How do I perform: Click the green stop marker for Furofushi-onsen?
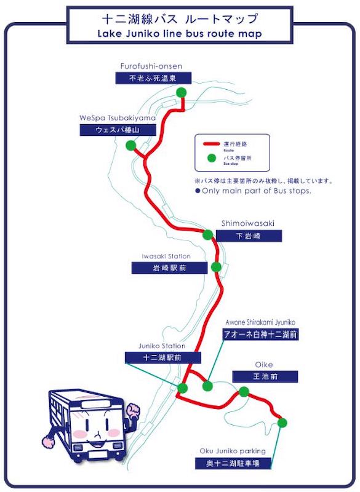click(181, 93)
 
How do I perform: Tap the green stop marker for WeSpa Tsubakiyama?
click(130, 145)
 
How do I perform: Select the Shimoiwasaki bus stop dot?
click(207, 235)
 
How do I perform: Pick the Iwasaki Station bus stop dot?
click(216, 267)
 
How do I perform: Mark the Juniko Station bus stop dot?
click(182, 388)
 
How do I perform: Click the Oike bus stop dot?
click(244, 392)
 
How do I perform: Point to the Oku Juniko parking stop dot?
click(282, 423)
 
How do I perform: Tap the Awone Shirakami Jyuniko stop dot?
click(207, 386)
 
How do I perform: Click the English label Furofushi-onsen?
click(151, 66)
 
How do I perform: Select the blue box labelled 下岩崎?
click(249, 236)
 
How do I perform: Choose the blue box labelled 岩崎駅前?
click(169, 268)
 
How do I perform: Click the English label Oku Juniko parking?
click(233, 451)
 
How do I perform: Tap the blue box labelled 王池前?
click(265, 376)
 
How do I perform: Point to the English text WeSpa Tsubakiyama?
click(118, 118)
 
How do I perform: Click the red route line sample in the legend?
click(211, 144)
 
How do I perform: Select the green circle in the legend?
click(212, 158)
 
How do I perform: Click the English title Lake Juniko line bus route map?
click(180, 34)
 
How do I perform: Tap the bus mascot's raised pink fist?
click(133, 410)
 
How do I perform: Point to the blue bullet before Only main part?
click(198, 191)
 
